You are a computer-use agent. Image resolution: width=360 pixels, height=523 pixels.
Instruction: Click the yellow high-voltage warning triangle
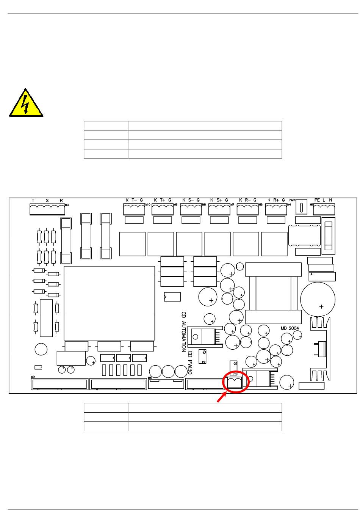click(x=26, y=104)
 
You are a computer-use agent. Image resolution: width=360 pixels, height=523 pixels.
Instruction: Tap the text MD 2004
click(x=290, y=328)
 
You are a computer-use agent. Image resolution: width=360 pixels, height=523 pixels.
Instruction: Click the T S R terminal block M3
click(x=47, y=209)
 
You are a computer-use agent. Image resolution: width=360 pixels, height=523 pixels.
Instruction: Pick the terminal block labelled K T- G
click(x=134, y=209)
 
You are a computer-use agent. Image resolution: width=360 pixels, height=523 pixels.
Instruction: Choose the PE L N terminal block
click(x=324, y=209)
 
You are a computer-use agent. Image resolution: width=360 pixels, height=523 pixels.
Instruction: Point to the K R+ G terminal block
click(x=276, y=209)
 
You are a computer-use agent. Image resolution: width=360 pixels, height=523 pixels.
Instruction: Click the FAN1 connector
click(x=301, y=208)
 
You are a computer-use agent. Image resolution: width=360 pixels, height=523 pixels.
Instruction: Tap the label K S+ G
click(x=219, y=200)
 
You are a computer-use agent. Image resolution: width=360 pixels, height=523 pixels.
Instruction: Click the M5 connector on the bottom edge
click(x=166, y=383)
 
